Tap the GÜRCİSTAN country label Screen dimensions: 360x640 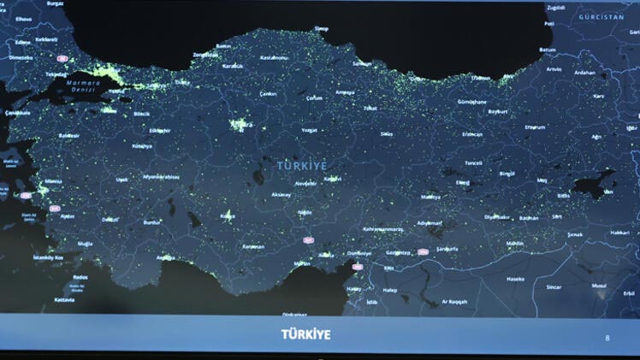pyautogui.click(x=601, y=17)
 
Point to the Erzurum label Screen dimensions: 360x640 pyautogui.click(x=535, y=127)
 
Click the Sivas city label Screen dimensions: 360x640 pyautogui.click(x=387, y=134)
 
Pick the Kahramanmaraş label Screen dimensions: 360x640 pyautogui.click(x=382, y=229)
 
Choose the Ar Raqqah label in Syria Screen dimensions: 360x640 pyautogui.click(x=454, y=302)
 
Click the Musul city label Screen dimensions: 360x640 pyautogui.click(x=599, y=286)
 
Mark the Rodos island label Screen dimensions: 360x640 pyautogui.click(x=80, y=278)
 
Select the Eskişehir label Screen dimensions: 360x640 pyautogui.click(x=160, y=130)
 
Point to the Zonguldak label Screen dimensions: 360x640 pyautogui.click(x=206, y=56)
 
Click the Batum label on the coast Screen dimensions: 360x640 pyautogui.click(x=548, y=50)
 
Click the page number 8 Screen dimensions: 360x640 pyautogui.click(x=607, y=338)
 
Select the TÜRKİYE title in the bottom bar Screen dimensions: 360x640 pyautogui.click(x=305, y=334)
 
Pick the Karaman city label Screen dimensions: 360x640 pyautogui.click(x=252, y=246)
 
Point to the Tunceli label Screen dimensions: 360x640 pyautogui.click(x=474, y=162)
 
